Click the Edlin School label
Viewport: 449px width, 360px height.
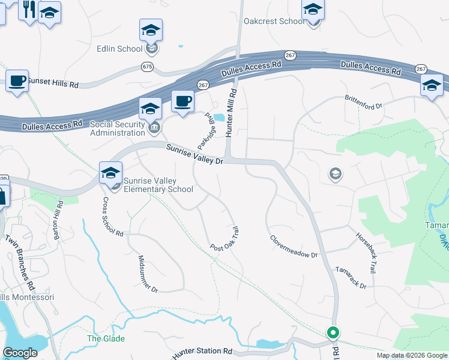tap(120, 49)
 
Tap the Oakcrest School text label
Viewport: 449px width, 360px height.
tap(274, 22)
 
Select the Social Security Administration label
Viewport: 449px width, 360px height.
tap(118, 128)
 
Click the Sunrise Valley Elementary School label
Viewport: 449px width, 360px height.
tap(158, 184)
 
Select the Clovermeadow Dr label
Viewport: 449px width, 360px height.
tap(293, 246)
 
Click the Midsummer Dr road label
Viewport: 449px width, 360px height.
tap(148, 273)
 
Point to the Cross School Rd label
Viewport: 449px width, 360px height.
tap(113, 216)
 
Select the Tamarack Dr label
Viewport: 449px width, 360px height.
tap(351, 278)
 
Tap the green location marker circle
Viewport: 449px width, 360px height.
tap(333, 332)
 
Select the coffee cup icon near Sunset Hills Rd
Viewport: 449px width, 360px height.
tap(17, 80)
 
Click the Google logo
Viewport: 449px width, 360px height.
tap(20, 353)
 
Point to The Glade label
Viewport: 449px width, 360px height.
tap(106, 338)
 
